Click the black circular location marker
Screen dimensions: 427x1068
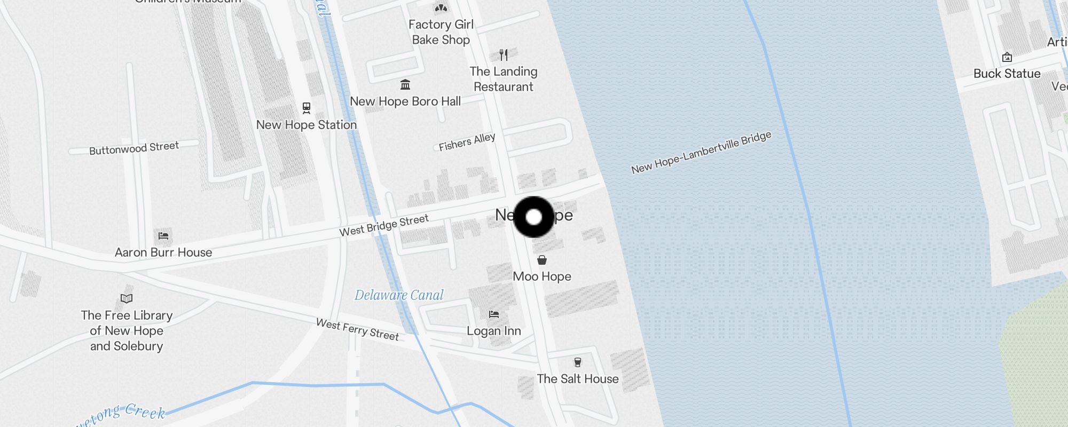(x=533, y=217)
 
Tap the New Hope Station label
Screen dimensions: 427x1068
(x=306, y=125)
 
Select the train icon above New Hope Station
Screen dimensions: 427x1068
(x=307, y=108)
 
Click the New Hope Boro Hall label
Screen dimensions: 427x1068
(x=405, y=101)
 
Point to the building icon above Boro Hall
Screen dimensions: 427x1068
(x=405, y=84)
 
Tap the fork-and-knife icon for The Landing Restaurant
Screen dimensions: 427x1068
(x=504, y=54)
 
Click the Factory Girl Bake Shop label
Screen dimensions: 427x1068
(x=441, y=32)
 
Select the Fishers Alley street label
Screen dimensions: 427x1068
(x=467, y=142)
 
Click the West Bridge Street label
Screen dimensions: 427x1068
(x=384, y=225)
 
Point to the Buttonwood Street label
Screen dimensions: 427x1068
(x=134, y=148)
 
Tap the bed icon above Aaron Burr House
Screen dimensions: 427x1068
(x=163, y=235)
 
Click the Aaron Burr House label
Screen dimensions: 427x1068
(x=163, y=252)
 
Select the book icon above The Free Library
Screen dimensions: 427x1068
(x=127, y=298)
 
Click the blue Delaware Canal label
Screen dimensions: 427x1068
(x=399, y=295)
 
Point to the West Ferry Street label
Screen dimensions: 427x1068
(x=357, y=329)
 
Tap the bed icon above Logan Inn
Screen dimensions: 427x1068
(x=494, y=314)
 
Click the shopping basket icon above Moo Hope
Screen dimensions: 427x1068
(x=542, y=260)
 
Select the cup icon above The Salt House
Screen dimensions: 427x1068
(x=577, y=362)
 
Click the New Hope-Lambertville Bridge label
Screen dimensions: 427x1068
(x=701, y=153)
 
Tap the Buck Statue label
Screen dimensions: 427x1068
(x=1007, y=74)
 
